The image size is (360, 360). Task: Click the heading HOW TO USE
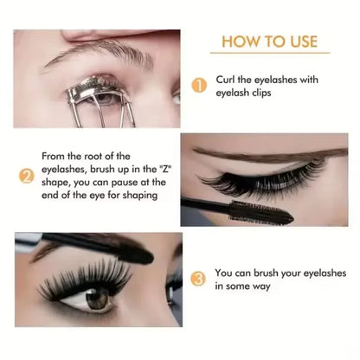coord(270,41)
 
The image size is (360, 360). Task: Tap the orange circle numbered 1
coord(198,87)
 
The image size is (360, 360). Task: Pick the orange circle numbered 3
coord(198,279)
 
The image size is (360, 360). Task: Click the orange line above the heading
coord(269,27)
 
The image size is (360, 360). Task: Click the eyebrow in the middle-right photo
coord(260,157)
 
